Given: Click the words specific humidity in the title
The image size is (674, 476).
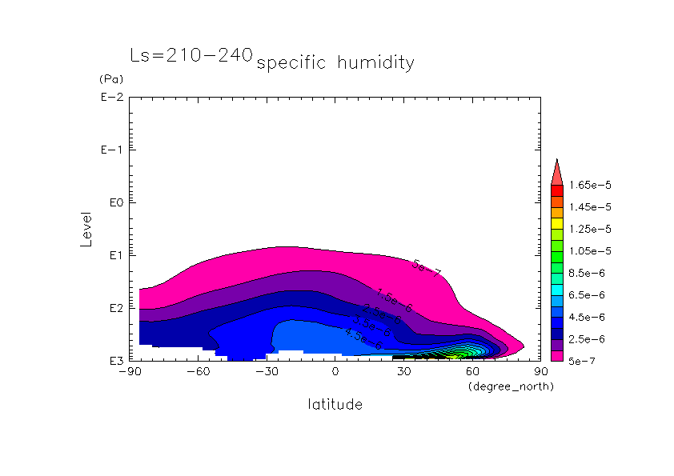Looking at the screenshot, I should coord(335,62).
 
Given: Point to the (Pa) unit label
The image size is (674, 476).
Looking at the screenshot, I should coord(110,79).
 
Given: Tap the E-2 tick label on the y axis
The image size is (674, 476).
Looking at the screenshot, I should coord(110,98).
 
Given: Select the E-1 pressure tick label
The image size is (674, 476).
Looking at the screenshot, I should coord(110,150).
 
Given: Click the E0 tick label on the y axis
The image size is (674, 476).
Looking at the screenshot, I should coord(113,202).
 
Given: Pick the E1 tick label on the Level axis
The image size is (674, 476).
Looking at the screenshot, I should coord(113,255).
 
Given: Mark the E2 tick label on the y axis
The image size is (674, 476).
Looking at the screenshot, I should coord(113,308).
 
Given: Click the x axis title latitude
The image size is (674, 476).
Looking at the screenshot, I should coord(335,405).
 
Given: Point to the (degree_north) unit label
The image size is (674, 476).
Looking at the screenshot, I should coord(511,386).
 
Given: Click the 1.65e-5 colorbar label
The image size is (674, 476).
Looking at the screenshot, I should coord(588,185).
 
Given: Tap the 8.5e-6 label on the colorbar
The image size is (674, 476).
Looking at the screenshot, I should coord(587,273).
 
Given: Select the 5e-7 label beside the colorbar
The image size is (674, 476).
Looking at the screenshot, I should coord(583,361).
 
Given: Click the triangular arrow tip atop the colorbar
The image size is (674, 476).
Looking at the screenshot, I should coord(557,170).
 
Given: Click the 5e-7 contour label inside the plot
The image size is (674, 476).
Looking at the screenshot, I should coord(427,268).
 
